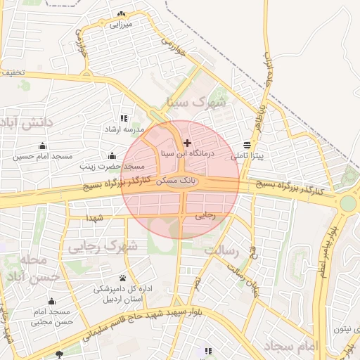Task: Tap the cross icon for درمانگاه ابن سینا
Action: tap(186, 143)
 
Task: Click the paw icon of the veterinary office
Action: tap(123, 278)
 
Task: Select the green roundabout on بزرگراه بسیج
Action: tap(348, 203)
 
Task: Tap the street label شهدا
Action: tap(96, 218)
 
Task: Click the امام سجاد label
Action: tap(292, 346)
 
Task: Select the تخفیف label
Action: tap(13, 72)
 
